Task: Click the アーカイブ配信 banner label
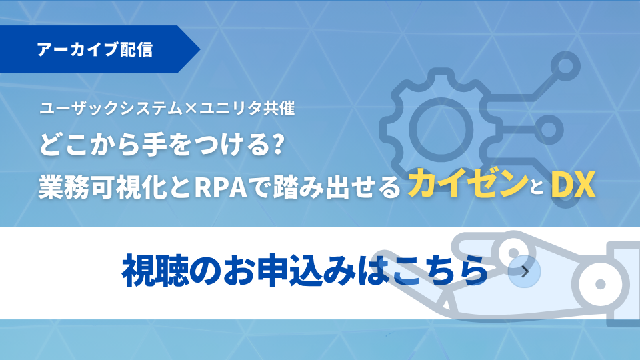tap(95, 49)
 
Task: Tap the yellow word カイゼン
tap(468, 184)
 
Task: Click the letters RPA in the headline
tap(221, 187)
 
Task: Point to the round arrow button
tap(525, 272)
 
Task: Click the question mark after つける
tap(279, 145)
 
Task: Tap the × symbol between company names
tap(191, 109)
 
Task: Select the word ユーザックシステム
tap(111, 109)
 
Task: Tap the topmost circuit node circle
tap(565, 66)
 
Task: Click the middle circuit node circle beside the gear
tap(549, 130)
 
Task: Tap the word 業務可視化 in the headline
tap(103, 187)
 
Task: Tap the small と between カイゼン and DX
tap(539, 188)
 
